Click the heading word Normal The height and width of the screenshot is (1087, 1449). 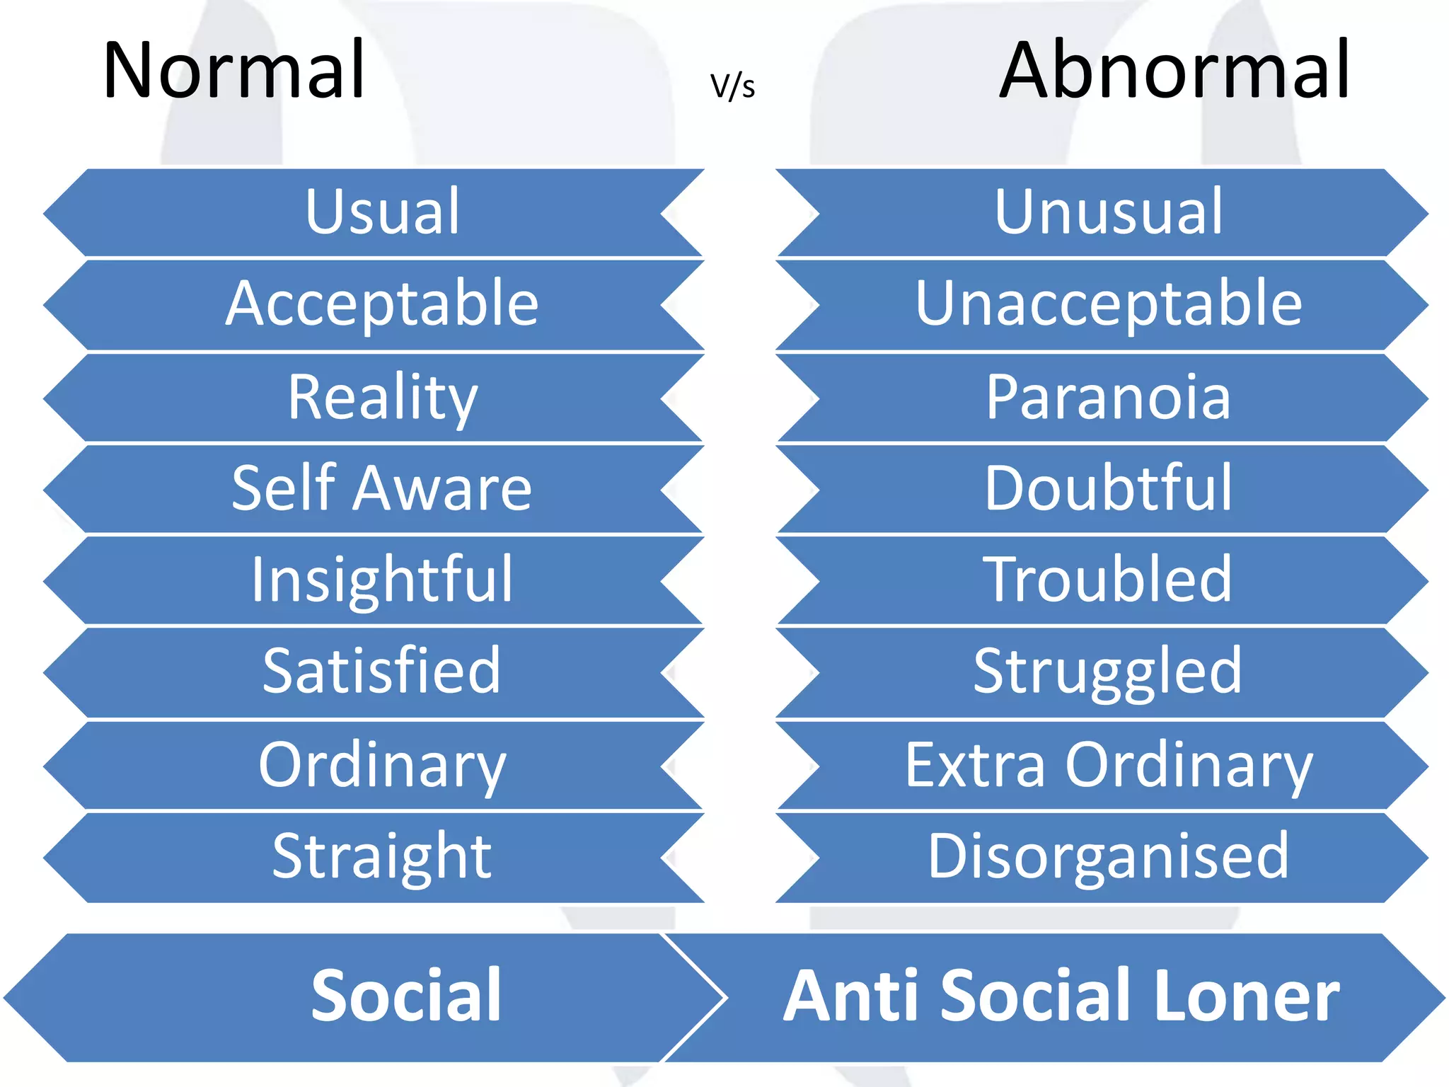tap(234, 71)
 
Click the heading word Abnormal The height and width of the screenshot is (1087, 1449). tap(1175, 71)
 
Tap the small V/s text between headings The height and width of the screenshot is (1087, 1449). tap(732, 86)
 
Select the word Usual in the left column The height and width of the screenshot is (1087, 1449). tap(383, 212)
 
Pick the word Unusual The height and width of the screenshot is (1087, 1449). tap(1109, 212)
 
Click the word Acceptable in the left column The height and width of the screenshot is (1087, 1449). tap(382, 304)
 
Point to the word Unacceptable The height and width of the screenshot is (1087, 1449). tap(1109, 304)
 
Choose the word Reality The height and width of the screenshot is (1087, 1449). tap(383, 398)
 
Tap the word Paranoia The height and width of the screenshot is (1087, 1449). tap(1109, 398)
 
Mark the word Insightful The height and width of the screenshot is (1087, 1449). tap(382, 580)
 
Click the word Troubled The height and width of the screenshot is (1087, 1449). tap(1109, 580)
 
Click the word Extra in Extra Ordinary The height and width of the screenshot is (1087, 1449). tap(975, 765)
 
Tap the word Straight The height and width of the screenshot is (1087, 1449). tap(382, 857)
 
